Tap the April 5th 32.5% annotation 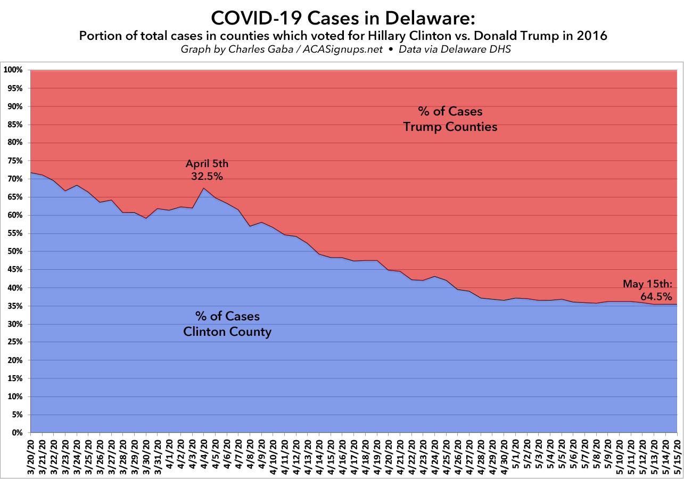pyautogui.click(x=207, y=169)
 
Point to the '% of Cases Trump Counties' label pyautogui.click(x=450, y=119)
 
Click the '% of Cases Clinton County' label pyautogui.click(x=227, y=324)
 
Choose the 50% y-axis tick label pyautogui.click(x=15, y=251)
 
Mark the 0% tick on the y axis pyautogui.click(x=18, y=433)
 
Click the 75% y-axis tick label pyautogui.click(x=15, y=161)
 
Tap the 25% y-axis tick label pyautogui.click(x=15, y=342)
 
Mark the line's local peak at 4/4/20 pyautogui.click(x=204, y=188)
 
